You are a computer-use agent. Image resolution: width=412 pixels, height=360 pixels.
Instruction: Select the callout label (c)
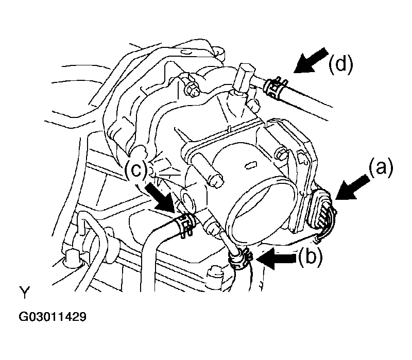[136, 170]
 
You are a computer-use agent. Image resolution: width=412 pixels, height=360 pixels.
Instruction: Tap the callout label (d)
[341, 64]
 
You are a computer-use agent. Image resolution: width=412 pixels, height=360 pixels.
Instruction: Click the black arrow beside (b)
[277, 259]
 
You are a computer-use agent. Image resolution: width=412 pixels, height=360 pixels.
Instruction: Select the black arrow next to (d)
[311, 60]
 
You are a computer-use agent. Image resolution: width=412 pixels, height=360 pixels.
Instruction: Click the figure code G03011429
[53, 317]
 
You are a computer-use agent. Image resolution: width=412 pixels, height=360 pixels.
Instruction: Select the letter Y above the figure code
[24, 292]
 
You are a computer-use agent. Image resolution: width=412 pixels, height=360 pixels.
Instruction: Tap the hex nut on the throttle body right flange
[281, 154]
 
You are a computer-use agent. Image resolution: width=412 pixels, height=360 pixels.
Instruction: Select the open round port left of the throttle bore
[187, 198]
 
